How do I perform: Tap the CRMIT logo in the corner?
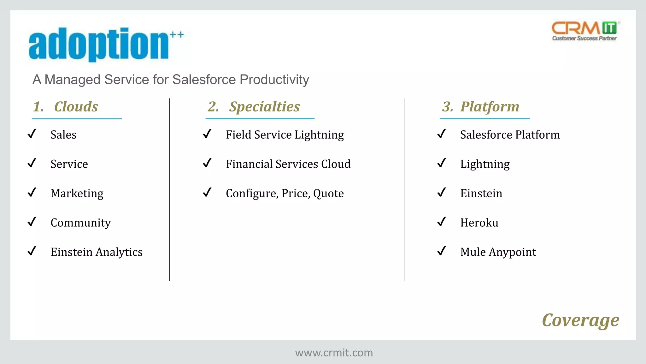tap(585, 31)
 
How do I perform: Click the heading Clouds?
tap(76, 107)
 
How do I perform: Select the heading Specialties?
tap(264, 107)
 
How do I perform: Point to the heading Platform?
tap(490, 107)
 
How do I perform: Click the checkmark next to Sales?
tap(32, 134)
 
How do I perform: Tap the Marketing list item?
tap(77, 193)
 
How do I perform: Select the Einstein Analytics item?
tap(97, 252)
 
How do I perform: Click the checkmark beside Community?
tap(32, 222)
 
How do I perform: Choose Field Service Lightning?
tap(285, 135)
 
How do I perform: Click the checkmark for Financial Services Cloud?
tap(207, 163)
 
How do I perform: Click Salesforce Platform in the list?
tap(510, 135)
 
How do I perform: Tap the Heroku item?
tap(479, 223)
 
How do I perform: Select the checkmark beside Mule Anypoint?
tap(442, 251)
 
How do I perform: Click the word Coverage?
tap(580, 320)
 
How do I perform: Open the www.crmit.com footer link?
tap(334, 353)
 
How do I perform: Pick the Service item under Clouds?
tap(69, 164)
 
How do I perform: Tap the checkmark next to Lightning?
tap(442, 163)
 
